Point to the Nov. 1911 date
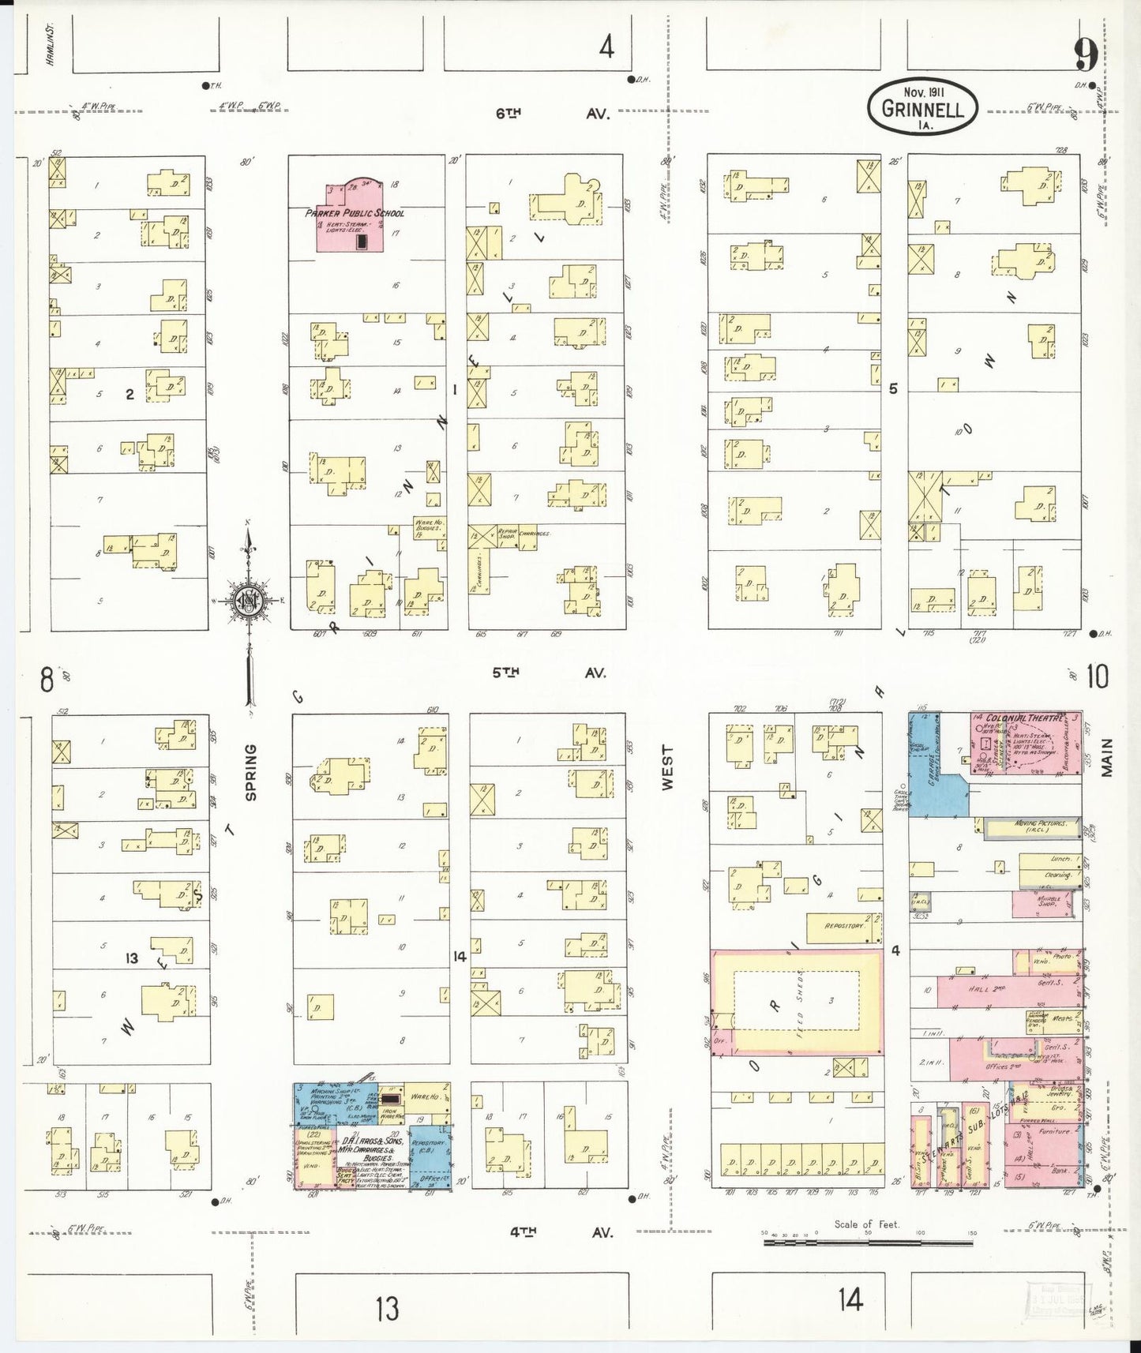pyautogui.click(x=921, y=90)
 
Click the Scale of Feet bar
pyautogui.click(x=869, y=1242)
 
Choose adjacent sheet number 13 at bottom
pyautogui.click(x=387, y=1310)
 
